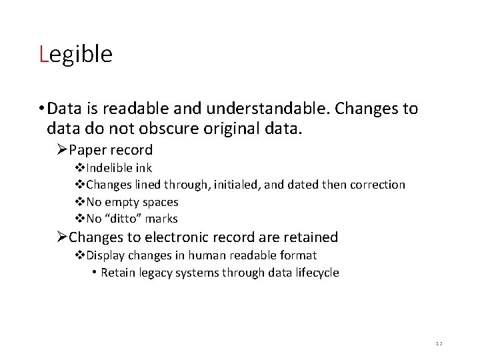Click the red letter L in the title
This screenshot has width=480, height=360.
tap(43, 54)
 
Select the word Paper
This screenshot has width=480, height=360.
tap(89, 150)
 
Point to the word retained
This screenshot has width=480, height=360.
tap(313, 237)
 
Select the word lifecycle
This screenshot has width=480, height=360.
tap(317, 272)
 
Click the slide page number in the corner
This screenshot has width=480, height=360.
tap(438, 342)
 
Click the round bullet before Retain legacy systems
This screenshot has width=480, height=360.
tap(95, 272)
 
